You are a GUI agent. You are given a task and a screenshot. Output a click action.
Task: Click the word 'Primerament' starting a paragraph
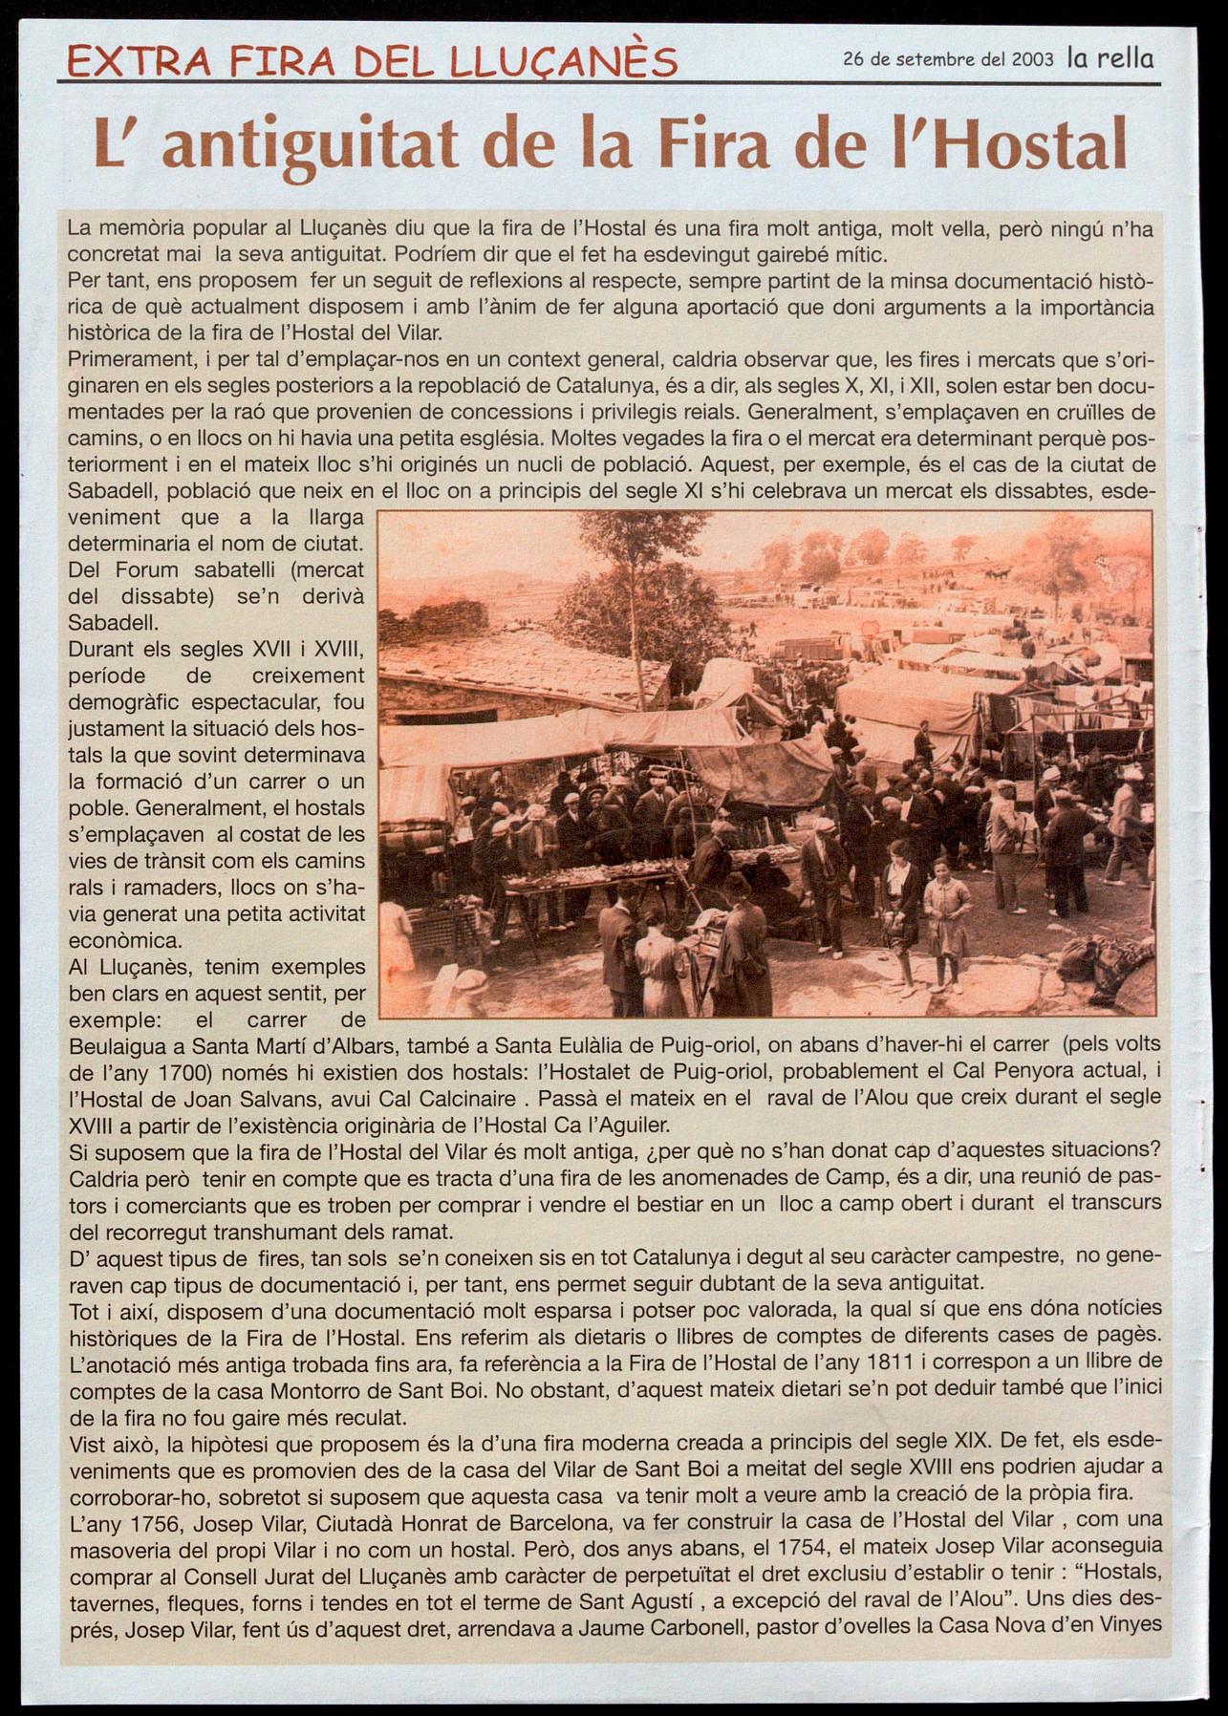coord(120,359)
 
